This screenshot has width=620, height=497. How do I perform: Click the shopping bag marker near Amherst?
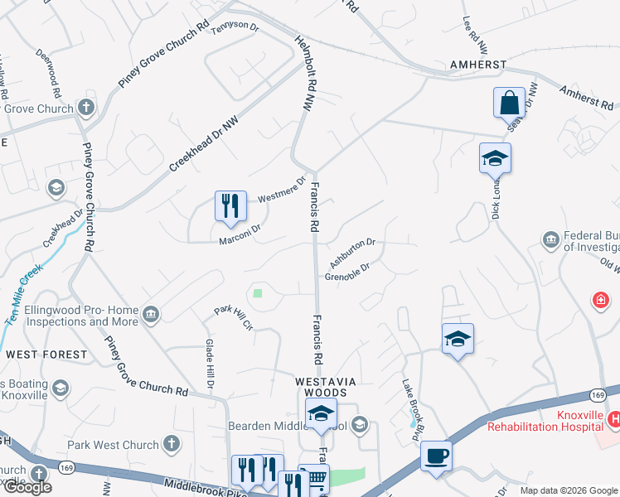click(x=509, y=104)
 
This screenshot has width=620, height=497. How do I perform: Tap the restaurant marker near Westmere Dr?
click(x=230, y=206)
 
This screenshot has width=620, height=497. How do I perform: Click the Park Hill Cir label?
click(x=232, y=318)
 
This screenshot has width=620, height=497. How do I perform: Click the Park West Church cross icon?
click(x=172, y=444)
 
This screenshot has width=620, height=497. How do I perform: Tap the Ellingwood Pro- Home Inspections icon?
click(x=151, y=313)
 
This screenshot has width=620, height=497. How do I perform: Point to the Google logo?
click(x=27, y=487)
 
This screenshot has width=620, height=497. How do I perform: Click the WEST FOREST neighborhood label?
click(x=46, y=355)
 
